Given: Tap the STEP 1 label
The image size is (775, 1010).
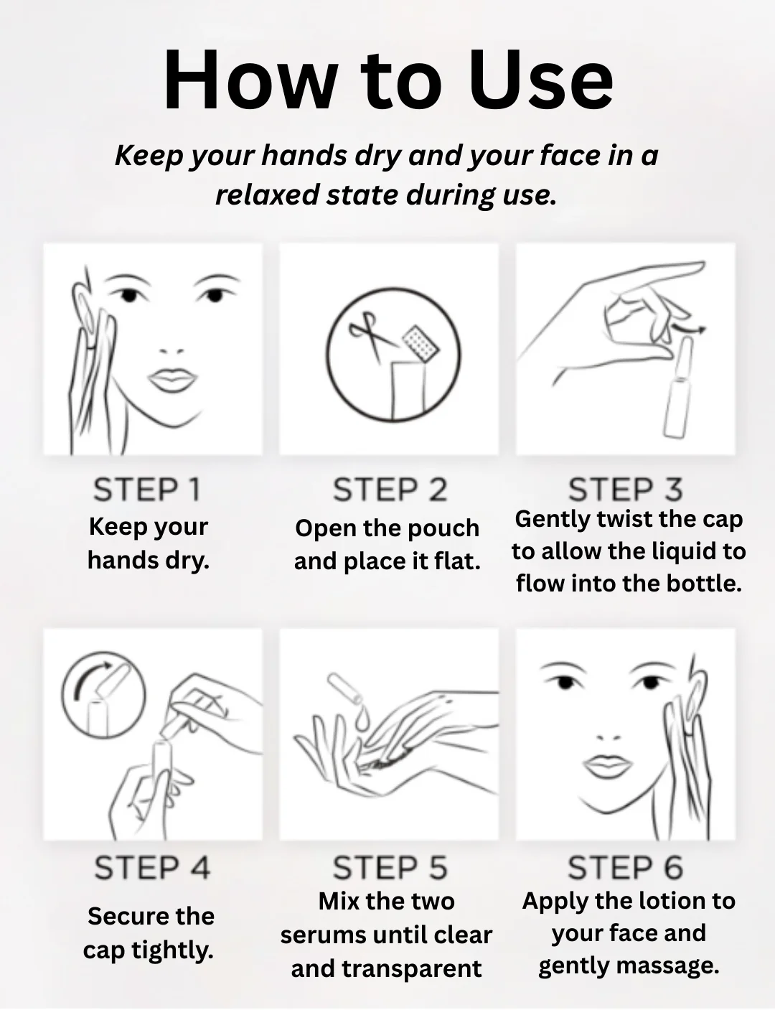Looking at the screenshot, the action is pos(147,490).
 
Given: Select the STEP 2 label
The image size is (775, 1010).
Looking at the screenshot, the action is pos(390,490).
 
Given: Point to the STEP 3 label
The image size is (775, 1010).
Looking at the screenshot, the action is pos(626,490).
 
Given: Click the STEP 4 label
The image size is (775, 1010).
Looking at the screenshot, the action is pos(152,868).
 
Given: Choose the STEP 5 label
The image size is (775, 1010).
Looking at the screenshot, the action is pos(390,868).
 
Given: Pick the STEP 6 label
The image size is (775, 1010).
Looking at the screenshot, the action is pos(626,868).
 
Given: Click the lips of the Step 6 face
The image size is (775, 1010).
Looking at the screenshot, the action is pos(608,765).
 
